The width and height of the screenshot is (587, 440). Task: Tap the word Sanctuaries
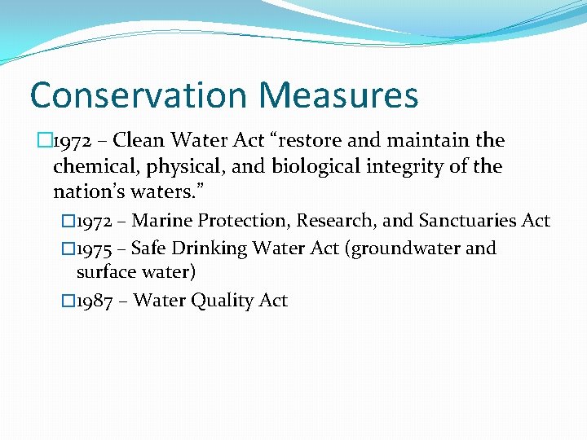click(472, 221)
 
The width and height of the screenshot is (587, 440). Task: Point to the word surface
click(104, 271)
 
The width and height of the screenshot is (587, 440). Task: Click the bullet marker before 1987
click(68, 301)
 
